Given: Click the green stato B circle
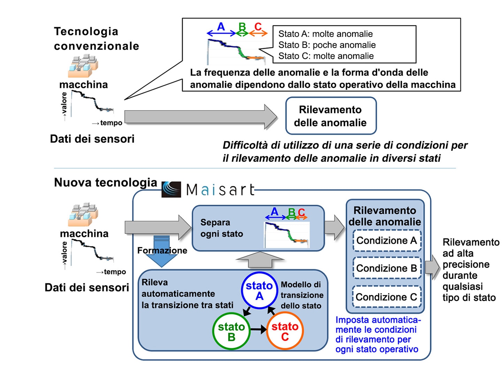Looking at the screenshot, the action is tap(213, 331).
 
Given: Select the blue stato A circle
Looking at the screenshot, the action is tap(242, 291).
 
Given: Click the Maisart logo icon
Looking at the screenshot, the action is tap(171, 189).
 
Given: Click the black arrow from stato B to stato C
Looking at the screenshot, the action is tap(258, 330).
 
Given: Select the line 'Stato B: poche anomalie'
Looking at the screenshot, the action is tap(327, 45).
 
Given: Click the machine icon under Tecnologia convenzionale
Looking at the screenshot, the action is tap(83, 66).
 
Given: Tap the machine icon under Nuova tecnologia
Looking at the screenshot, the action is tap(83, 214).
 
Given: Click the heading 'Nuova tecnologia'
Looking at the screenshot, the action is tap(106, 182).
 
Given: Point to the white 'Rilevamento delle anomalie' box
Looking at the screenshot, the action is tap(331, 98).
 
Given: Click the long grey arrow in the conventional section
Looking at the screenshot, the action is tap(201, 117).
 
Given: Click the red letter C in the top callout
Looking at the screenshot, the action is tap(258, 27).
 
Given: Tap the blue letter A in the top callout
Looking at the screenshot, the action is tap(221, 27).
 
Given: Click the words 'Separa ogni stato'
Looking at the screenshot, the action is tap(222, 228).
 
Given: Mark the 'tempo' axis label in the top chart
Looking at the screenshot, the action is tap(111, 123).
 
